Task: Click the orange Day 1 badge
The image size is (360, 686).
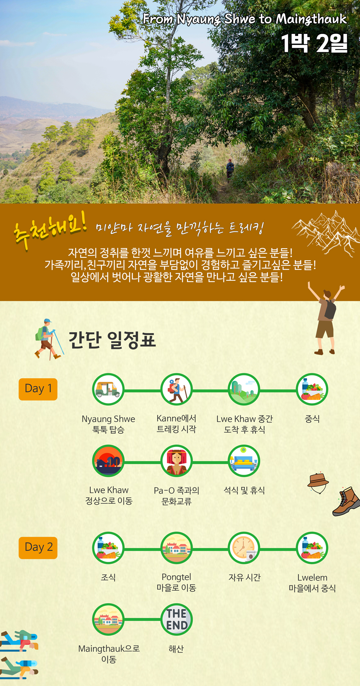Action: point(38,389)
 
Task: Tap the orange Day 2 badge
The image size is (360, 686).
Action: point(38,547)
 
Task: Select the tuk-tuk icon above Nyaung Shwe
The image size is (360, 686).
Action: point(108,389)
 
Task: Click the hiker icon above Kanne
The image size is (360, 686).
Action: point(176,389)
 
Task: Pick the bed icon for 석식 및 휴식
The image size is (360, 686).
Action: point(244,461)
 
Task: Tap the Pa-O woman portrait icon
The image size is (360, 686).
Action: point(176,461)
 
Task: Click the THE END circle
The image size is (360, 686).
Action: point(176,619)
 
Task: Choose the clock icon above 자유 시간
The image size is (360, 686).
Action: point(244,548)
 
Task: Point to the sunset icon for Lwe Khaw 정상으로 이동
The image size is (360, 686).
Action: point(108,461)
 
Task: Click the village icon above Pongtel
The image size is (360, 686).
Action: point(176,548)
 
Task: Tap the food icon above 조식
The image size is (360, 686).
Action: point(108,548)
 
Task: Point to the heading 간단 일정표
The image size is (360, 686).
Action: point(112,339)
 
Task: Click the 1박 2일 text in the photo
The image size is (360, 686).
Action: point(314,43)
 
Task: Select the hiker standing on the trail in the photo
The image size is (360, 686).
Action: point(230,168)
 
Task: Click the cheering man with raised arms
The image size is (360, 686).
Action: point(326,318)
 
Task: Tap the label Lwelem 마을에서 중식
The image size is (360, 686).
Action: point(312,583)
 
